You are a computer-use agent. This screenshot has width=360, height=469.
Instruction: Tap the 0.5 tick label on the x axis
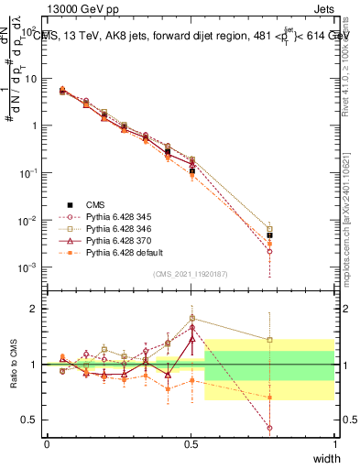(x=191, y=444)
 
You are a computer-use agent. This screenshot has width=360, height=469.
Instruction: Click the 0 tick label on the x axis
(x=47, y=444)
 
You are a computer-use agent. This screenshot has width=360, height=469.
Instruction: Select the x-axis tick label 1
(x=334, y=444)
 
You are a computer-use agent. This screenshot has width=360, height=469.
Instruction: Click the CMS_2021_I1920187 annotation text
(x=191, y=274)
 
